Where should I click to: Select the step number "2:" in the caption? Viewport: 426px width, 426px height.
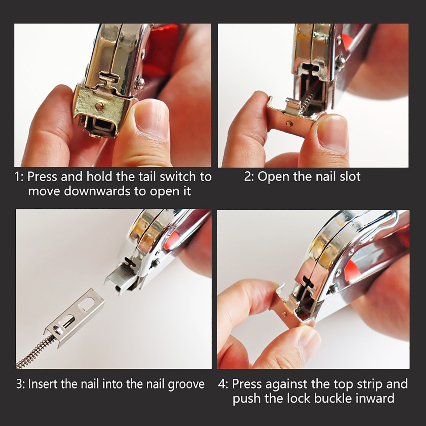point(249,177)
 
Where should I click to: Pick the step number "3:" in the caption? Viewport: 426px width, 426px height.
point(21,384)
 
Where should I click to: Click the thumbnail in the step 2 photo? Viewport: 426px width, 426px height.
point(333,132)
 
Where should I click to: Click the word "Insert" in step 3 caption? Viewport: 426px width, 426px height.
point(43,384)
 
